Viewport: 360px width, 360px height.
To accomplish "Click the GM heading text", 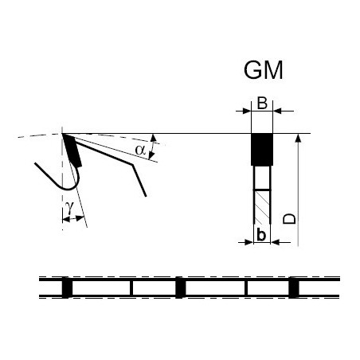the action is (x=263, y=70).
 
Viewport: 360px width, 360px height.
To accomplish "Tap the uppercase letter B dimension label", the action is (x=262, y=104).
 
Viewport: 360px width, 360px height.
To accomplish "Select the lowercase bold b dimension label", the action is (x=261, y=234).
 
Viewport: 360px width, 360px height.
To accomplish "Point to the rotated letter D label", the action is (x=289, y=218).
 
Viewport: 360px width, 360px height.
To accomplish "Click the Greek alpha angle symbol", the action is (x=140, y=150).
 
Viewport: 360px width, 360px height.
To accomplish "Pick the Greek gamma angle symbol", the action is (x=69, y=207).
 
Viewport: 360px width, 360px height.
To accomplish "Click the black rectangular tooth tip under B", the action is (x=262, y=150).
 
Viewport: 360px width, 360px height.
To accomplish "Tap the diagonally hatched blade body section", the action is (x=262, y=207).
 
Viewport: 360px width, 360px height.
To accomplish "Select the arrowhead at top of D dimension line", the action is (x=298, y=139).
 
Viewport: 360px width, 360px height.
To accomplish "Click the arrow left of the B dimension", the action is (x=243, y=111).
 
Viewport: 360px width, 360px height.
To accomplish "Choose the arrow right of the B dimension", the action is (x=284, y=111).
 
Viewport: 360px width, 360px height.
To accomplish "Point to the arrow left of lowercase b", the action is (x=245, y=242).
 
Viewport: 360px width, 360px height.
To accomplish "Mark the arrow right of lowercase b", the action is (x=280, y=242).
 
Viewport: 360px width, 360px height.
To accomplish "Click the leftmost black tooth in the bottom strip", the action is (x=67, y=288).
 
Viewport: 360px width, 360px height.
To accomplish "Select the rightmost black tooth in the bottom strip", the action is (x=294, y=288).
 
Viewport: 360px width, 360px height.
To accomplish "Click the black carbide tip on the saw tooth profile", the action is (x=72, y=151).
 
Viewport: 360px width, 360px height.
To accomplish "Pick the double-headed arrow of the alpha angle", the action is (x=152, y=147).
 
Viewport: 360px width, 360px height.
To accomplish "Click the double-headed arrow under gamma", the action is (x=73, y=219).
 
